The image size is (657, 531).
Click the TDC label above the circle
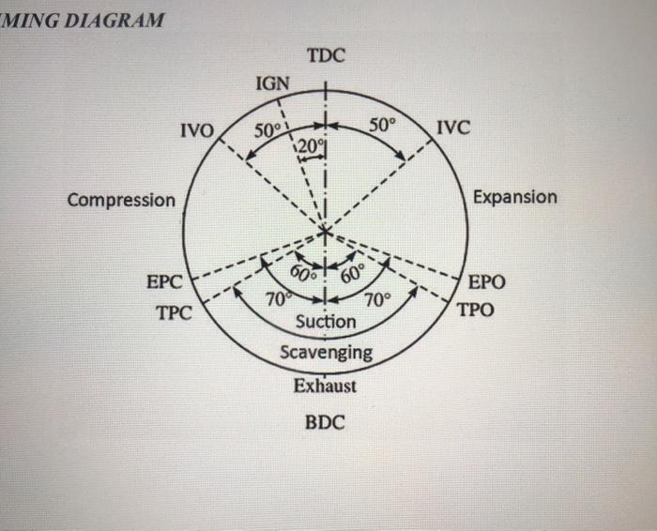point(326,55)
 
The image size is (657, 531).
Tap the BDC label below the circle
point(326,422)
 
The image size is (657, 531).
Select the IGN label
point(273,84)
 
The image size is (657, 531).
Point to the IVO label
point(198,129)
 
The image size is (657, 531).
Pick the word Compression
point(121,200)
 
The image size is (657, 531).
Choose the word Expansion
point(514,197)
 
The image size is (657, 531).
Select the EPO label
point(486,281)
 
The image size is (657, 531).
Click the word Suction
point(326,322)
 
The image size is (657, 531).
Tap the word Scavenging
point(326,353)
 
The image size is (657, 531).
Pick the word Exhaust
point(325,385)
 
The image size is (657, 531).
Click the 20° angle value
point(312,145)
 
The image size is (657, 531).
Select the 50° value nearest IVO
point(267,129)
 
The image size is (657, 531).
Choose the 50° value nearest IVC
point(383,124)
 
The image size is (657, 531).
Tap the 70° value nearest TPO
point(375,300)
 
